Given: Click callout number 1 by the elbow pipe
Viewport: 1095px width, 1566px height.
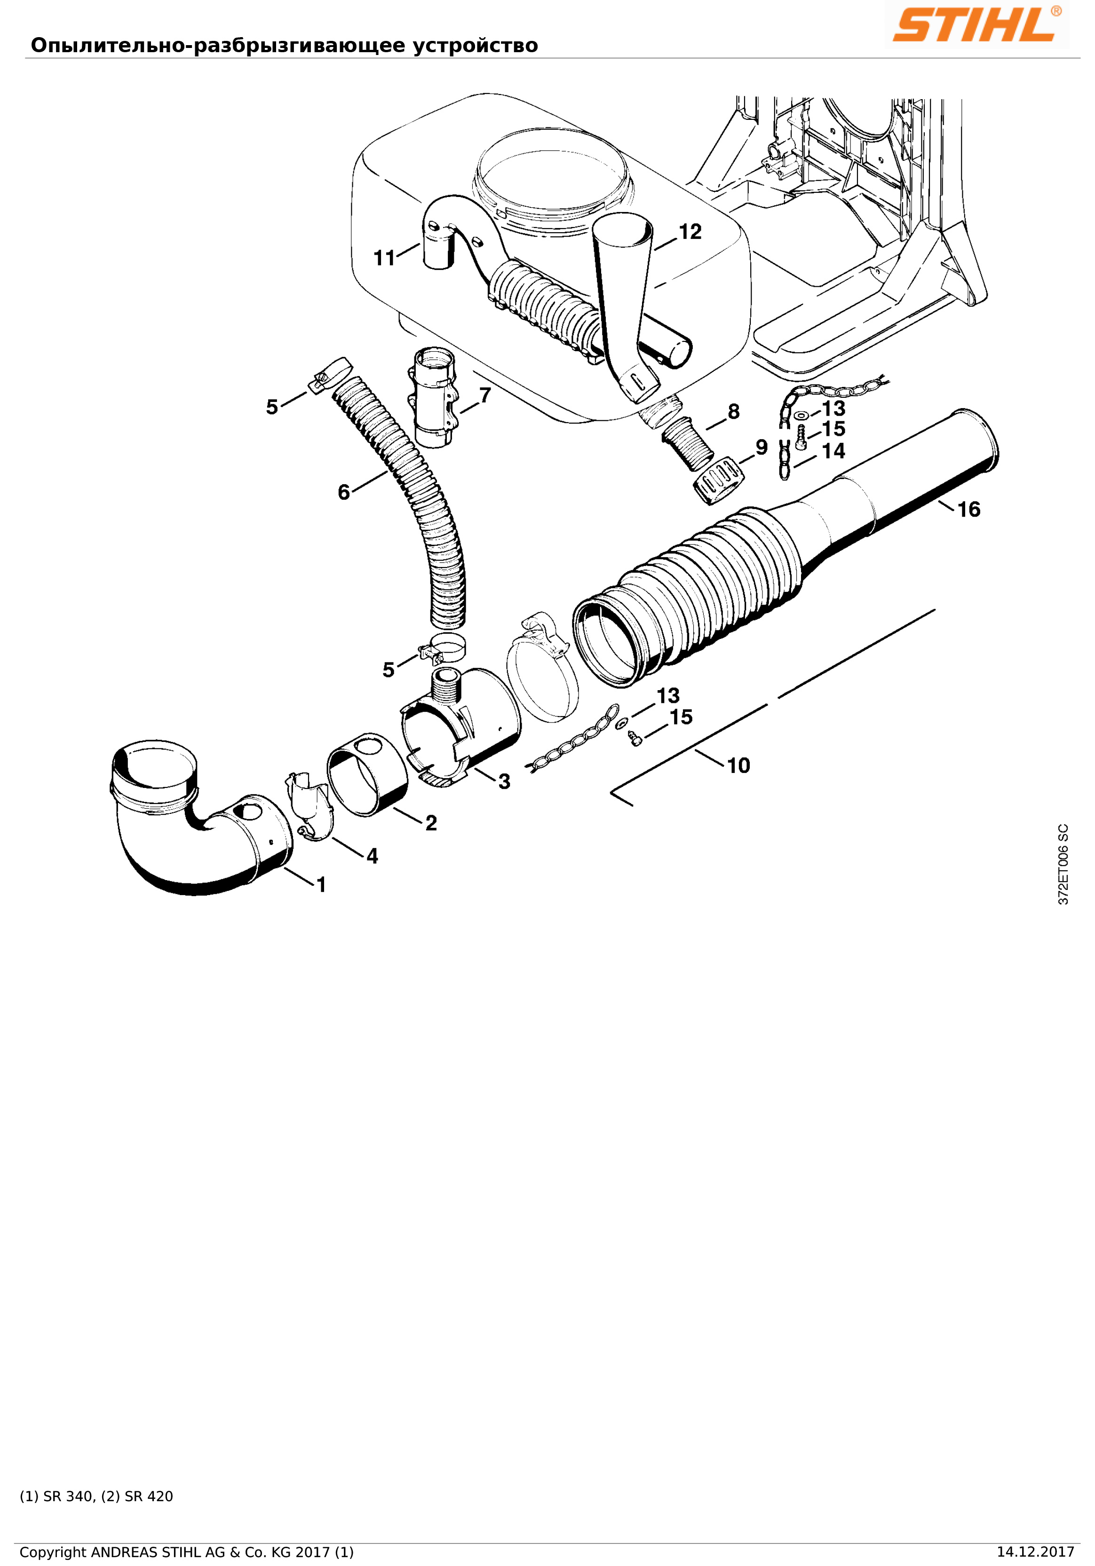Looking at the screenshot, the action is [321, 885].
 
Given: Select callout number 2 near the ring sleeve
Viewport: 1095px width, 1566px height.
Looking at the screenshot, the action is [431, 823].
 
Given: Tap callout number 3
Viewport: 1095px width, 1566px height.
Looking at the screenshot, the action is [504, 782].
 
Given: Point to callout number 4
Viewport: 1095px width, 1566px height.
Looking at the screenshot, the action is [372, 856].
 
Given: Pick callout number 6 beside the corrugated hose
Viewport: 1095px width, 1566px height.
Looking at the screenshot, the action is [344, 492].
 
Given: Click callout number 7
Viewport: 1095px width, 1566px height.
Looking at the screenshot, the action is [485, 395].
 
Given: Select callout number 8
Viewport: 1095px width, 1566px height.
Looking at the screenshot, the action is [733, 411].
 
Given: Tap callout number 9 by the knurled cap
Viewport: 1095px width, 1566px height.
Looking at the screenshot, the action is [762, 448].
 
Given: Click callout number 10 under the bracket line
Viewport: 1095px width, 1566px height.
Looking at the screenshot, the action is [738, 765].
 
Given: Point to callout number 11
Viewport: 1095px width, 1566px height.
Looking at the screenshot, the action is [384, 258].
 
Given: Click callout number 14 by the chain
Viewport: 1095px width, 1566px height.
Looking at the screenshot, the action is [833, 451].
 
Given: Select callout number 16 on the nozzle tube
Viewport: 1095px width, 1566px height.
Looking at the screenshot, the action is [969, 510].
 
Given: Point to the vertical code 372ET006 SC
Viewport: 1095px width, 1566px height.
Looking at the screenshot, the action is [1063, 865].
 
